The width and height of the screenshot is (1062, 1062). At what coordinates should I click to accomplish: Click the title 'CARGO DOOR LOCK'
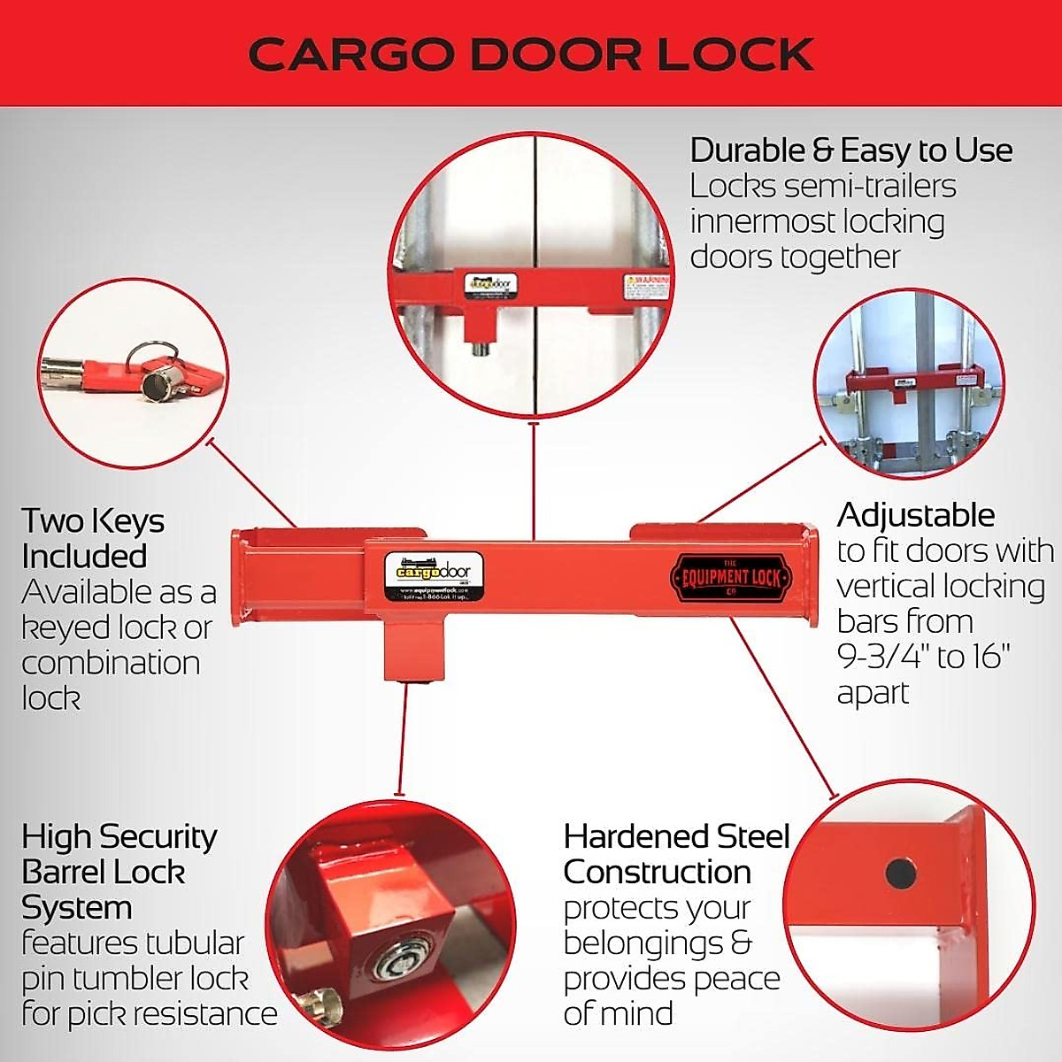coord(531,54)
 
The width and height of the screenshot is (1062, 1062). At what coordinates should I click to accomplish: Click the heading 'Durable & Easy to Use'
coord(850,150)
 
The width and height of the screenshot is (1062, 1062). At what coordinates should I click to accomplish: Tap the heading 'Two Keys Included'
coord(92,538)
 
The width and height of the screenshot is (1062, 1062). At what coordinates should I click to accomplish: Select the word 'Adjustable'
coord(915,515)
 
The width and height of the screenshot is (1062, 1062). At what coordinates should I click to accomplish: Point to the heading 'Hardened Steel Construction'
coord(676,854)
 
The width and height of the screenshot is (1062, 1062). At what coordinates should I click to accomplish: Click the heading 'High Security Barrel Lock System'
coord(119,872)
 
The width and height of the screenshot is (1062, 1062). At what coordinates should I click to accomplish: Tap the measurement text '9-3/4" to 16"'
coord(923,657)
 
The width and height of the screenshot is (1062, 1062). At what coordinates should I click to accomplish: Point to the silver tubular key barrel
coord(160,383)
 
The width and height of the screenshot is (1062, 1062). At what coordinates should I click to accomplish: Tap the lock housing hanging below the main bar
coord(412,649)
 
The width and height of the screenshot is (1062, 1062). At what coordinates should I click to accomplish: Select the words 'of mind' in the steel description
coord(618,1013)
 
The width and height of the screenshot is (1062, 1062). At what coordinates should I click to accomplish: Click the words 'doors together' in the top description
coord(794,258)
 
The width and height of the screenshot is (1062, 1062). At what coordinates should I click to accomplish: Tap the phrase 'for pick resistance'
coord(149,1014)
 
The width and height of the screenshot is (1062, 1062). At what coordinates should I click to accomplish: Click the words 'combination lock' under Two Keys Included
coord(111,680)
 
